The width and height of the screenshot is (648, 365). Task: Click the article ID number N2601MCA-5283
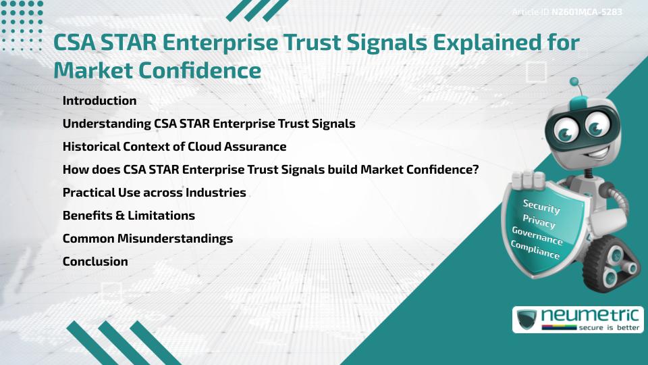click(587, 12)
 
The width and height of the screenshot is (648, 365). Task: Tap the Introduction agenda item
click(99, 101)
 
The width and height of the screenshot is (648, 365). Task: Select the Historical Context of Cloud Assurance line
click(174, 147)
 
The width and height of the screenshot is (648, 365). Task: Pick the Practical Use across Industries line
click(154, 193)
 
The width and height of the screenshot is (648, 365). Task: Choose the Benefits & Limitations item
click(128, 216)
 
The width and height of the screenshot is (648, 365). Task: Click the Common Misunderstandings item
click(147, 239)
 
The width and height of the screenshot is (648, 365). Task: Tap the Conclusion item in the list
click(95, 262)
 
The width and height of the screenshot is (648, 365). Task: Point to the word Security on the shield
click(541, 207)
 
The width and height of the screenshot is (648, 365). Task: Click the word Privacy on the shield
click(539, 222)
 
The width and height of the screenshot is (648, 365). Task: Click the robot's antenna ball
click(574, 82)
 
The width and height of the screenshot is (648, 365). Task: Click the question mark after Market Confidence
click(475, 170)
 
